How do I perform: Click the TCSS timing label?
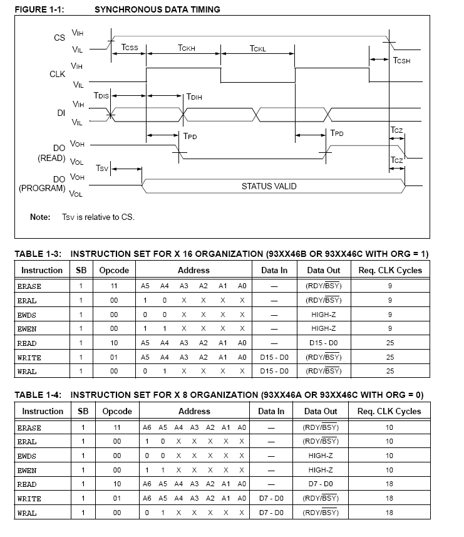pos(130,48)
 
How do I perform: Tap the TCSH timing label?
pos(401,61)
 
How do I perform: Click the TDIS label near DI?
pos(101,95)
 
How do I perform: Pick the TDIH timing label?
pos(193,97)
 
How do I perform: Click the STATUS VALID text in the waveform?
pos(269,186)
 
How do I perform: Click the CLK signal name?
pos(58,74)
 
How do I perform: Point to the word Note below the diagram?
pos(40,217)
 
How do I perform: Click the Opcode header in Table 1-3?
pos(114,270)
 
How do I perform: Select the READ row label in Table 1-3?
pos(27,343)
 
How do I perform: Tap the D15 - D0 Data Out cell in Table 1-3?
pos(324,343)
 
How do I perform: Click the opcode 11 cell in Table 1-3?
pos(114,285)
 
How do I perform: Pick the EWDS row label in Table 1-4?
pos(27,456)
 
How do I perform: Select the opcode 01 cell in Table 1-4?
pos(117,499)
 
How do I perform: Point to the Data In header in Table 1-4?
pos(271,411)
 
